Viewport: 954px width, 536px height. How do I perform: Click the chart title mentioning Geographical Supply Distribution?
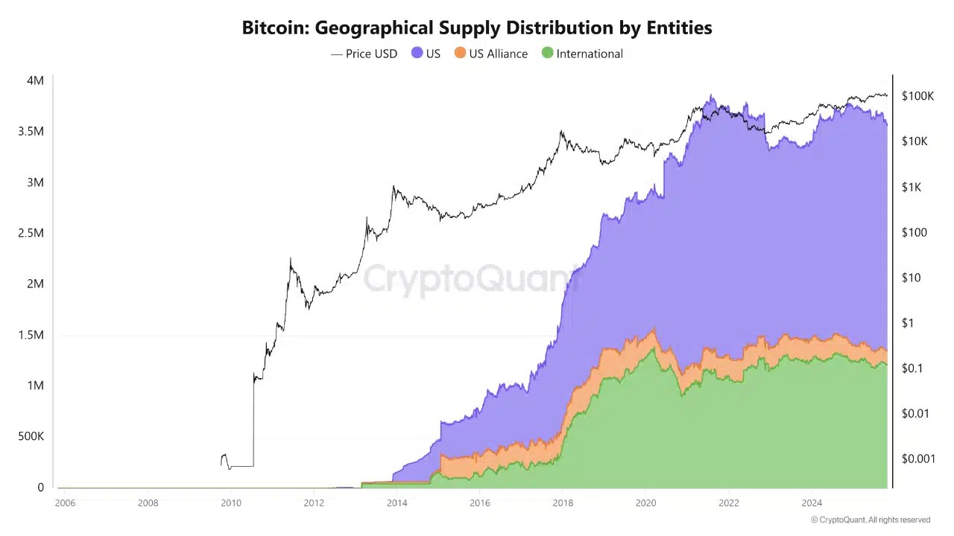[477, 28]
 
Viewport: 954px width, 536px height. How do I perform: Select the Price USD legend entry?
[364, 54]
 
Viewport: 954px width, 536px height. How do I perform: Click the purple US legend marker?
[417, 54]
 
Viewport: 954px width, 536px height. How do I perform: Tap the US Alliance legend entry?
[490, 54]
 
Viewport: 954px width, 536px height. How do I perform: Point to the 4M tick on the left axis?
[35, 80]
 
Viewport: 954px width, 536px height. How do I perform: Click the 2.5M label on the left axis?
[31, 233]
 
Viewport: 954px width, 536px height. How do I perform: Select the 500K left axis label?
[31, 436]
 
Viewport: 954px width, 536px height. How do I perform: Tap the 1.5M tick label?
[31, 335]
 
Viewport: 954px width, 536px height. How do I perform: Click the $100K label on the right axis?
[917, 96]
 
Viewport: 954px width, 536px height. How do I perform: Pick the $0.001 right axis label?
[917, 459]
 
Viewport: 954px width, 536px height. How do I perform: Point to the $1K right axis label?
[912, 187]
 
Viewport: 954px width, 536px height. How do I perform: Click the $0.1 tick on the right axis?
[912, 368]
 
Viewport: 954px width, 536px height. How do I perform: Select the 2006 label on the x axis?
[65, 503]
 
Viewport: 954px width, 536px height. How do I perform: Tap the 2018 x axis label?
[563, 503]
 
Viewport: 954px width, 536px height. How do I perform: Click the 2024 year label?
[812, 503]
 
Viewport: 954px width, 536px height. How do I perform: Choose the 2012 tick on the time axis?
[314, 503]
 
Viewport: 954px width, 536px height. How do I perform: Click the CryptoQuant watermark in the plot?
[470, 279]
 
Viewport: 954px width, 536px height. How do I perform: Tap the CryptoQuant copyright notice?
[870, 520]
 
